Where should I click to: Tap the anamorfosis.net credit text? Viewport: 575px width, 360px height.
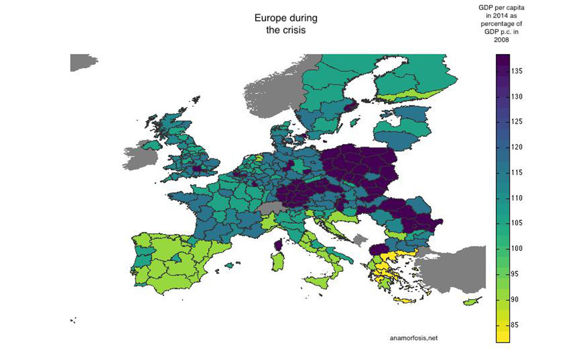413,338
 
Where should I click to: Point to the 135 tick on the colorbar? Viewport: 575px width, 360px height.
519,71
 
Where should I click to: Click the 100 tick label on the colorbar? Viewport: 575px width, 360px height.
519,248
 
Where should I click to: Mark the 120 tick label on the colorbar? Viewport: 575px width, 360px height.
519,147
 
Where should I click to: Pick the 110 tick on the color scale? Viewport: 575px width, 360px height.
519,197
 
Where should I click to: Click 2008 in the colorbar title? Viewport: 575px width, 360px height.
502,40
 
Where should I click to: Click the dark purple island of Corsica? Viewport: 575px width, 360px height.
278,245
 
